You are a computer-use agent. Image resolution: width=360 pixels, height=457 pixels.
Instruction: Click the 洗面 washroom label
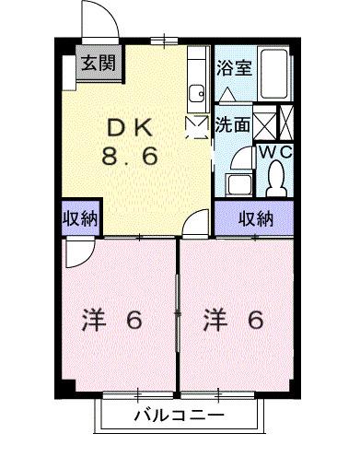tap(232, 124)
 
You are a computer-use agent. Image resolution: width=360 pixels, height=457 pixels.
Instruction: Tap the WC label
tap(273, 151)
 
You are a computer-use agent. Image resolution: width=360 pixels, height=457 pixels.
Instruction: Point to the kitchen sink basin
tap(196, 92)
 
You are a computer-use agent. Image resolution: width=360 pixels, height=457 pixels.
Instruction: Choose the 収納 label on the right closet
tap(256, 218)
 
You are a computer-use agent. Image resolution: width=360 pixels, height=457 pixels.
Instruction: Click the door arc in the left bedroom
tap(78, 252)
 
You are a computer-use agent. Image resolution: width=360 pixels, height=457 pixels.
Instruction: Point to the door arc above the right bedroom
tap(197, 224)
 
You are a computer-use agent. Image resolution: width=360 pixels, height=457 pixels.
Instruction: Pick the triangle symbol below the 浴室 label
tap(229, 94)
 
